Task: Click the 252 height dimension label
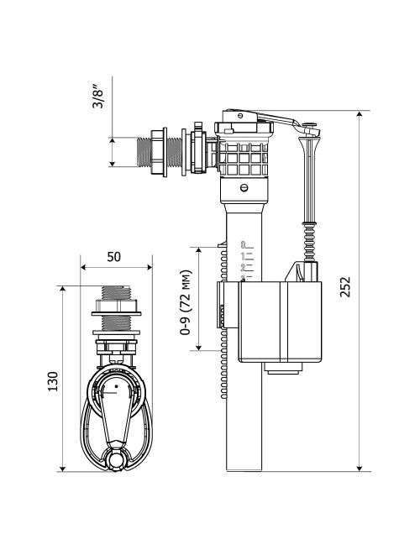(345, 287)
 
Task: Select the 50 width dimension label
(113, 257)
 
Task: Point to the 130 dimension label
(53, 381)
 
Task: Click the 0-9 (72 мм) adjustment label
(186, 302)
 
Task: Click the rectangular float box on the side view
(280, 322)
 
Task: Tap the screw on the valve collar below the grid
(244, 187)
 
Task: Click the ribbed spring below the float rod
(309, 243)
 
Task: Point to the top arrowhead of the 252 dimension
(359, 115)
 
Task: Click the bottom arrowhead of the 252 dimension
(359, 467)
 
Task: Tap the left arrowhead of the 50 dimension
(84, 267)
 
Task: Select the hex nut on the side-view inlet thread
(160, 152)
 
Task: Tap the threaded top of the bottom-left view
(116, 292)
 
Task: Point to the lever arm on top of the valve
(277, 118)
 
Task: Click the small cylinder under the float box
(283, 368)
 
